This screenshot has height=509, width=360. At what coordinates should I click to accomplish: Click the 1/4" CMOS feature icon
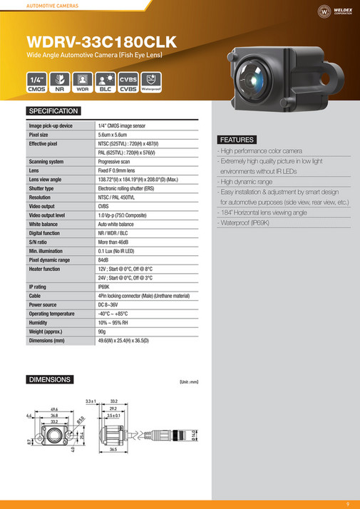(36, 82)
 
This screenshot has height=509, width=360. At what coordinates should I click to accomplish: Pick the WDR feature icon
(82, 82)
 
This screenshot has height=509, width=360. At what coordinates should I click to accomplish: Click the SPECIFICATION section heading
(53, 111)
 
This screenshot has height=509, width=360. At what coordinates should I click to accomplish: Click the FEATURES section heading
(237, 140)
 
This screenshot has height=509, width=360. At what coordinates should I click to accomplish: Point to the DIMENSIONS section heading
(49, 380)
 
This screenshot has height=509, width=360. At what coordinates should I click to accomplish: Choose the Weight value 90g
(103, 331)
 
